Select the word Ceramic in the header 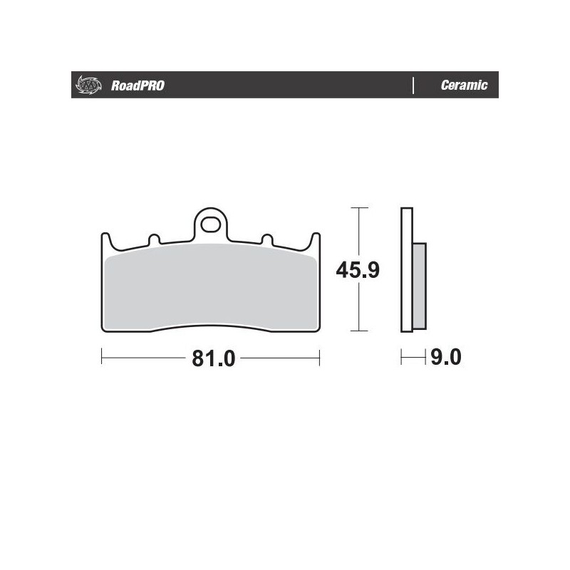[x=464, y=85]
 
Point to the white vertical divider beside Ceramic [x=414, y=85]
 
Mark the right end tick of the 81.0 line [x=319, y=358]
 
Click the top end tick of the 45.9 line [x=360, y=207]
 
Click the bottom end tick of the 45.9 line [x=360, y=331]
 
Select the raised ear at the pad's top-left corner [x=105, y=240]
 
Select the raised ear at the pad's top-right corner [x=315, y=240]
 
